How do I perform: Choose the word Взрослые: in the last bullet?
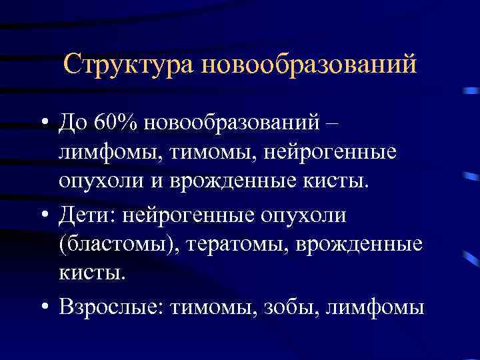pyautogui.click(x=110, y=307)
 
